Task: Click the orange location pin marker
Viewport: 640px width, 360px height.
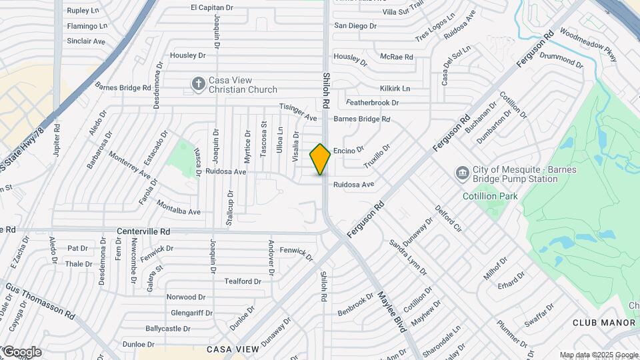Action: pyautogui.click(x=320, y=159)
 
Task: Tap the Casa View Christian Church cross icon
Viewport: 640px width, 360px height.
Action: pyautogui.click(x=198, y=84)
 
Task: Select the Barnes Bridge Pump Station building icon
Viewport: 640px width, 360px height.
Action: pyautogui.click(x=461, y=174)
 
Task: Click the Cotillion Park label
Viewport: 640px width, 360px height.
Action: pyautogui.click(x=490, y=197)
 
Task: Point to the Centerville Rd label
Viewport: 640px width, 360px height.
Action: pyautogui.click(x=143, y=231)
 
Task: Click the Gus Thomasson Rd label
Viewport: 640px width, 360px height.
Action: pyautogui.click(x=40, y=300)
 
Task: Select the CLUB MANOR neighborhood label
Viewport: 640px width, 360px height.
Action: pyautogui.click(x=604, y=323)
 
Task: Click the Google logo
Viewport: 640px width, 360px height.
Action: pyautogui.click(x=21, y=351)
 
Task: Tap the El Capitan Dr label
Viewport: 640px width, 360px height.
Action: pyautogui.click(x=212, y=8)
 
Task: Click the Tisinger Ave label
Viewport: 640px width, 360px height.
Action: pyautogui.click(x=297, y=113)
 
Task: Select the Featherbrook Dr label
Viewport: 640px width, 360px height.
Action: pyautogui.click(x=372, y=103)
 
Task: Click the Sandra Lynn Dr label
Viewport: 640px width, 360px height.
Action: pyautogui.click(x=408, y=257)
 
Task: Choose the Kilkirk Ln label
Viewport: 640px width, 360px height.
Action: pyautogui.click(x=395, y=88)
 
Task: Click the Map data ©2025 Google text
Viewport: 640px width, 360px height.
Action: pyautogui.click(x=599, y=355)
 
